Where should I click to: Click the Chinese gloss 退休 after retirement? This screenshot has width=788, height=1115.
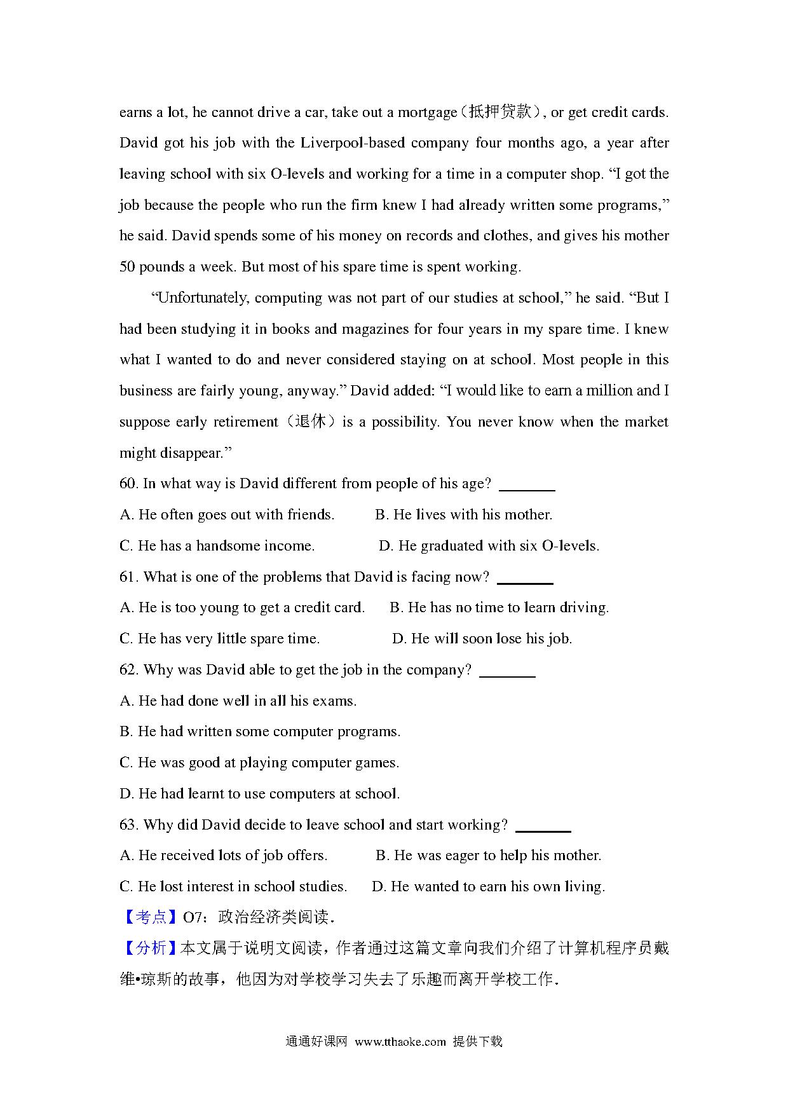pos(311,422)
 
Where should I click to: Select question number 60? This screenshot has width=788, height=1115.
pos(128,484)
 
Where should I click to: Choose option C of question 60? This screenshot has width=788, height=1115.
pos(217,546)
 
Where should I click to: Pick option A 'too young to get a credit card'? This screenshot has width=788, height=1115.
pos(242,608)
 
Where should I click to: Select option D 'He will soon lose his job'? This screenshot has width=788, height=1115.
pos(482,639)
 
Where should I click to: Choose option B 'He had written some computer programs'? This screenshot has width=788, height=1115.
pos(260,732)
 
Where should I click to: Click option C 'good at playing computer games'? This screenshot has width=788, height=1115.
pos(259,763)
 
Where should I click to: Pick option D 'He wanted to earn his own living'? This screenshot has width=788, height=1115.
pos(488,887)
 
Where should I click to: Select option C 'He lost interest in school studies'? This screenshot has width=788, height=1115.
pos(233,887)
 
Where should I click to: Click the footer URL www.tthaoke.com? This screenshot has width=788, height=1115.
pos(400,1042)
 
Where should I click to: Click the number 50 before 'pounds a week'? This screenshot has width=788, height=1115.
pos(127,267)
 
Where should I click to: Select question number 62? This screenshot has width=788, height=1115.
pos(128,670)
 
